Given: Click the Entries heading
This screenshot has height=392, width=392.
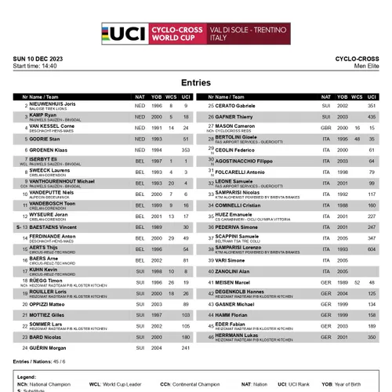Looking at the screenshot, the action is point(195,82).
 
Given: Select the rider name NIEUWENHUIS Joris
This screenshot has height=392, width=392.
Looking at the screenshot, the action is point(52,103).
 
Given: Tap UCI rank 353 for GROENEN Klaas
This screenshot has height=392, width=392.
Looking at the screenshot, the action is point(186,149).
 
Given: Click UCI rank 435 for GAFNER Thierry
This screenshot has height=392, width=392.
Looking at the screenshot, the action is point(372,116).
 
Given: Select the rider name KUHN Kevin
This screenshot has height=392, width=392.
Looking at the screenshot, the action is point(42,270).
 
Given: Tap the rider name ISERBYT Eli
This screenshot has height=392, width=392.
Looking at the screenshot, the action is point(44,158).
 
